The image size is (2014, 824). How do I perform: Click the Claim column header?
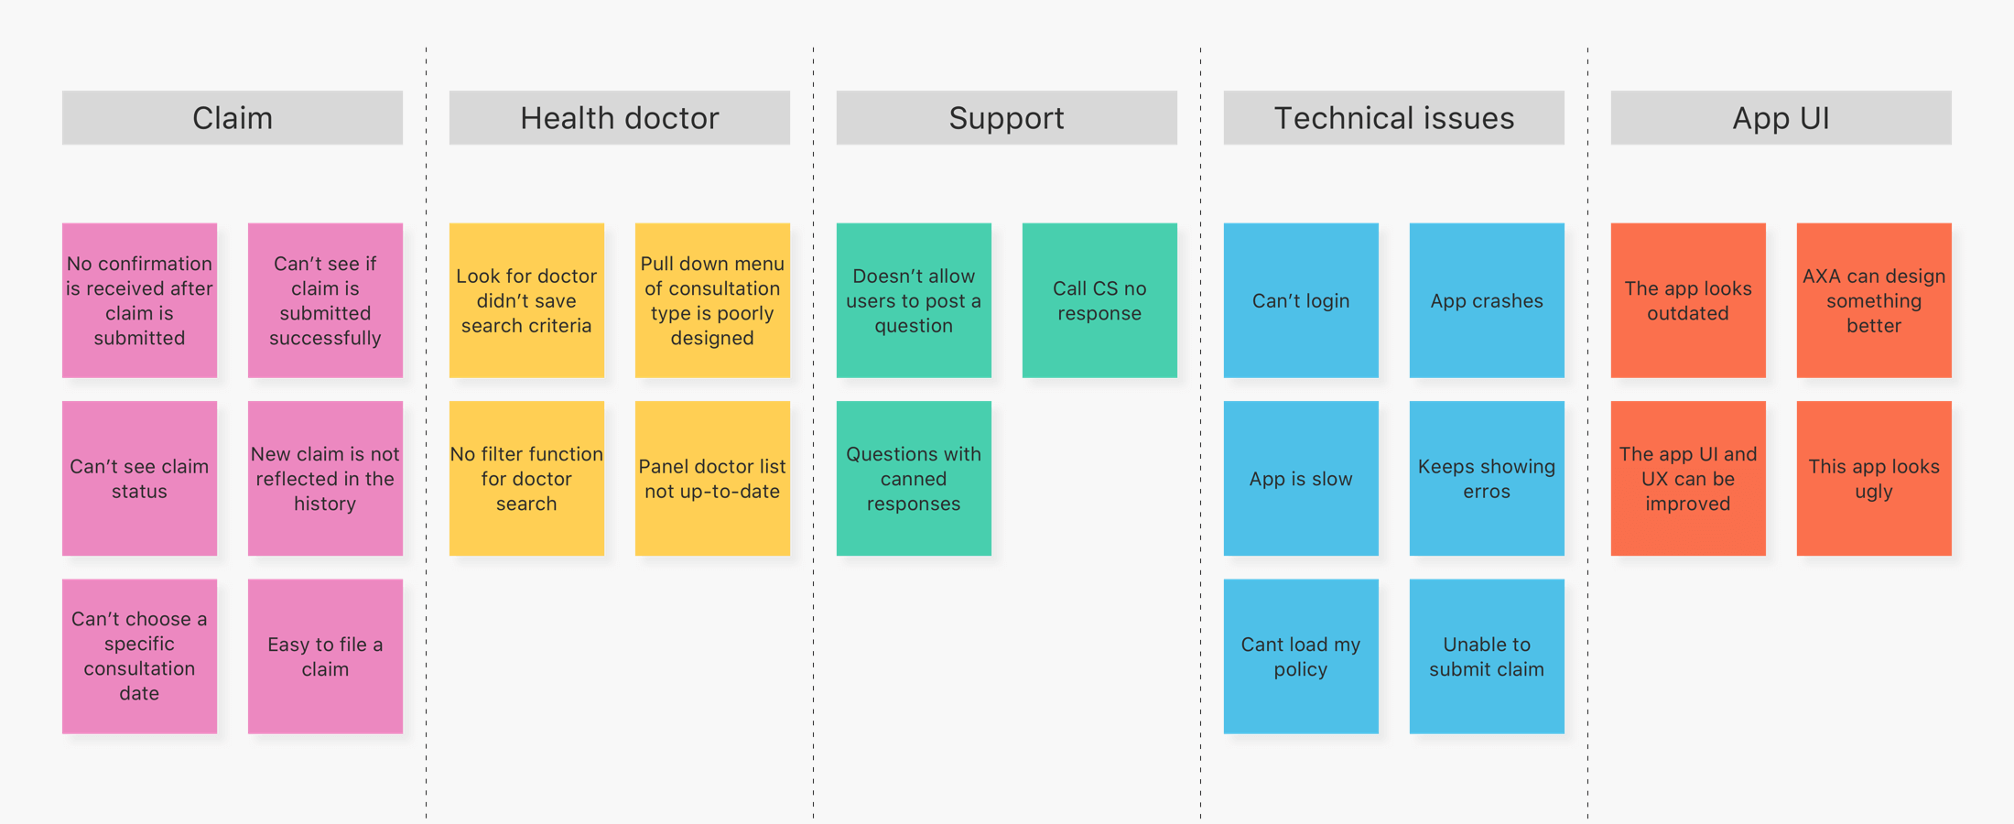(233, 117)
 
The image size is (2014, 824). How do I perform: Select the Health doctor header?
(620, 117)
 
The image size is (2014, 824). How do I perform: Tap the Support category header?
(1007, 117)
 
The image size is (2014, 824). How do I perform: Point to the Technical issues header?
(1394, 117)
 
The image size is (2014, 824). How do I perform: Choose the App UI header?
(1781, 117)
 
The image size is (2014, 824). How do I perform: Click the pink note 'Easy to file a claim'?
(325, 656)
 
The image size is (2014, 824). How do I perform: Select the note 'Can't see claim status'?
(139, 479)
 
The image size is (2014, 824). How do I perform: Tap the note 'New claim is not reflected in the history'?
(325, 479)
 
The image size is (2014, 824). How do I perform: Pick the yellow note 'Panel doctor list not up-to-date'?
(712, 479)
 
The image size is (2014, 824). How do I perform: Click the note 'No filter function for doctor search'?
(526, 479)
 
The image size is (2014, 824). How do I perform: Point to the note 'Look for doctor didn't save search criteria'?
(526, 300)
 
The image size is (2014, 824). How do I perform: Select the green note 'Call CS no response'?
(1099, 300)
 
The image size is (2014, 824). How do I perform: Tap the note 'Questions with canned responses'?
(914, 479)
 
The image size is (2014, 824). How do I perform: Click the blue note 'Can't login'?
(1301, 300)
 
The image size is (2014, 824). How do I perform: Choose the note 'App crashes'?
(1487, 300)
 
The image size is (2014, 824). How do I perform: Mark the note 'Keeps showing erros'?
(1487, 479)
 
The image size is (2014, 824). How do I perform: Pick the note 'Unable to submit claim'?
(1487, 656)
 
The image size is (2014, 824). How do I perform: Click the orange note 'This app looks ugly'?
(1874, 479)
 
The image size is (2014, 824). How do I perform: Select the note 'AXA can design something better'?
(1874, 300)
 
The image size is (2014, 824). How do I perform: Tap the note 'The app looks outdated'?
(1688, 300)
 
